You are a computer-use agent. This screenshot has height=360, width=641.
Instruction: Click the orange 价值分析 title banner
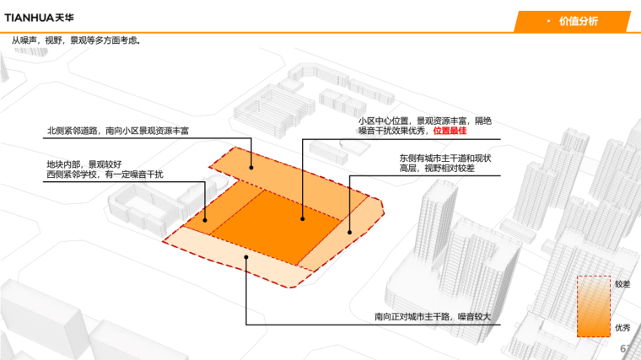[573, 21]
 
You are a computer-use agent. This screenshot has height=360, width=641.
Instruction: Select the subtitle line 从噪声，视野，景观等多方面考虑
[76, 40]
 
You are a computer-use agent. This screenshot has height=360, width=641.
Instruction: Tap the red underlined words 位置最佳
[450, 132]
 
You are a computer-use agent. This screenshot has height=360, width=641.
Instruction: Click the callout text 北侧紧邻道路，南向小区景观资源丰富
[118, 131]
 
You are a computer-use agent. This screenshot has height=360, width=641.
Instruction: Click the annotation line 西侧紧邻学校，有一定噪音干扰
[105, 175]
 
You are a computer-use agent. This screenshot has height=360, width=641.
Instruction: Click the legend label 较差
[622, 284]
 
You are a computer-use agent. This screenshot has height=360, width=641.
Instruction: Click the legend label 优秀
[622, 328]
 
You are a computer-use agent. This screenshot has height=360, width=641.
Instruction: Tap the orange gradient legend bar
[593, 307]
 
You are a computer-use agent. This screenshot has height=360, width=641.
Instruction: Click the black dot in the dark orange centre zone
[303, 219]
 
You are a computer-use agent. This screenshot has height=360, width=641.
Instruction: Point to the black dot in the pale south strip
[245, 257]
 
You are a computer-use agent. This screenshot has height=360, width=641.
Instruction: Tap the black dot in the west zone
[205, 221]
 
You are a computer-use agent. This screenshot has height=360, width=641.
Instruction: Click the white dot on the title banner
[548, 21]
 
